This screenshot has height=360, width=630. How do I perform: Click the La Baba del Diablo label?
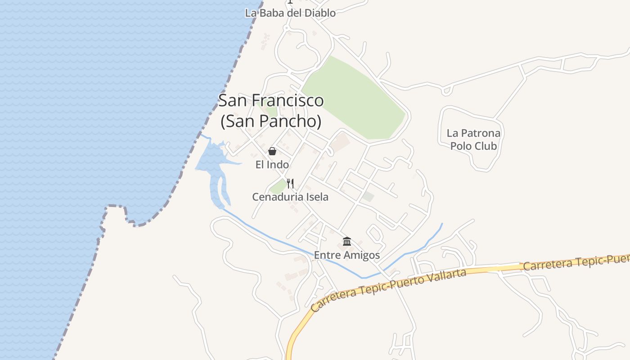pos(290,13)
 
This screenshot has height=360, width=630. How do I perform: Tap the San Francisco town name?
pos(271,100)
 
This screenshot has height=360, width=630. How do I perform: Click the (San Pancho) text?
pos(271,121)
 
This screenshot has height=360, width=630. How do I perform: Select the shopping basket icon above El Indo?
pos(272,151)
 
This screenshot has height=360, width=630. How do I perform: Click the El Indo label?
pos(272,165)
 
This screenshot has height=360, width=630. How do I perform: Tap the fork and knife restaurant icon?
pos(290,183)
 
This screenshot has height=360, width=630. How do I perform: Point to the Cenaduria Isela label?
pos(290,197)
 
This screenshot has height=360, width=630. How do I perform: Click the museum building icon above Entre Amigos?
pos(347,241)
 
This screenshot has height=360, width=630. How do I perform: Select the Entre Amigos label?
pos(347,255)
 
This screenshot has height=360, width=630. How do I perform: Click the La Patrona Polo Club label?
pos(473,139)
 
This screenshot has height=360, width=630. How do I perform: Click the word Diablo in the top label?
pos(320,13)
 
